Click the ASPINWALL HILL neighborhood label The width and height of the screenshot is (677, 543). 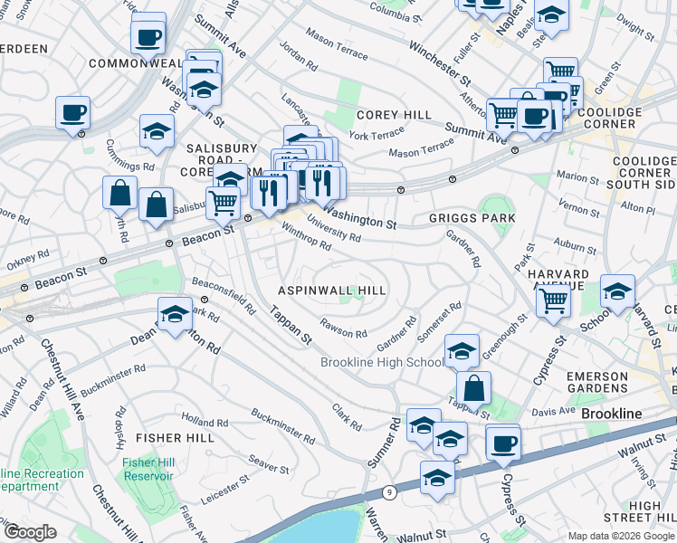[332, 291]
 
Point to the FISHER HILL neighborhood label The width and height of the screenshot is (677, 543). [175, 438]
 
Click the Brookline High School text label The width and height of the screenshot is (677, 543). [383, 363]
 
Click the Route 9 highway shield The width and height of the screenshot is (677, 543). [390, 492]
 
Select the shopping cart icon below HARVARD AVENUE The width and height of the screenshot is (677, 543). [553, 299]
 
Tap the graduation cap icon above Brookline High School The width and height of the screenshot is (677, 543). [462, 349]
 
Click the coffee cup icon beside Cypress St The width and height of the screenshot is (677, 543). [503, 443]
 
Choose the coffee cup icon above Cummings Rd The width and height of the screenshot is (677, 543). [72, 113]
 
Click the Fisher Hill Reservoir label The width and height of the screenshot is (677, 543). [142, 468]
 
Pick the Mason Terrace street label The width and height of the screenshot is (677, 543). [421, 149]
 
